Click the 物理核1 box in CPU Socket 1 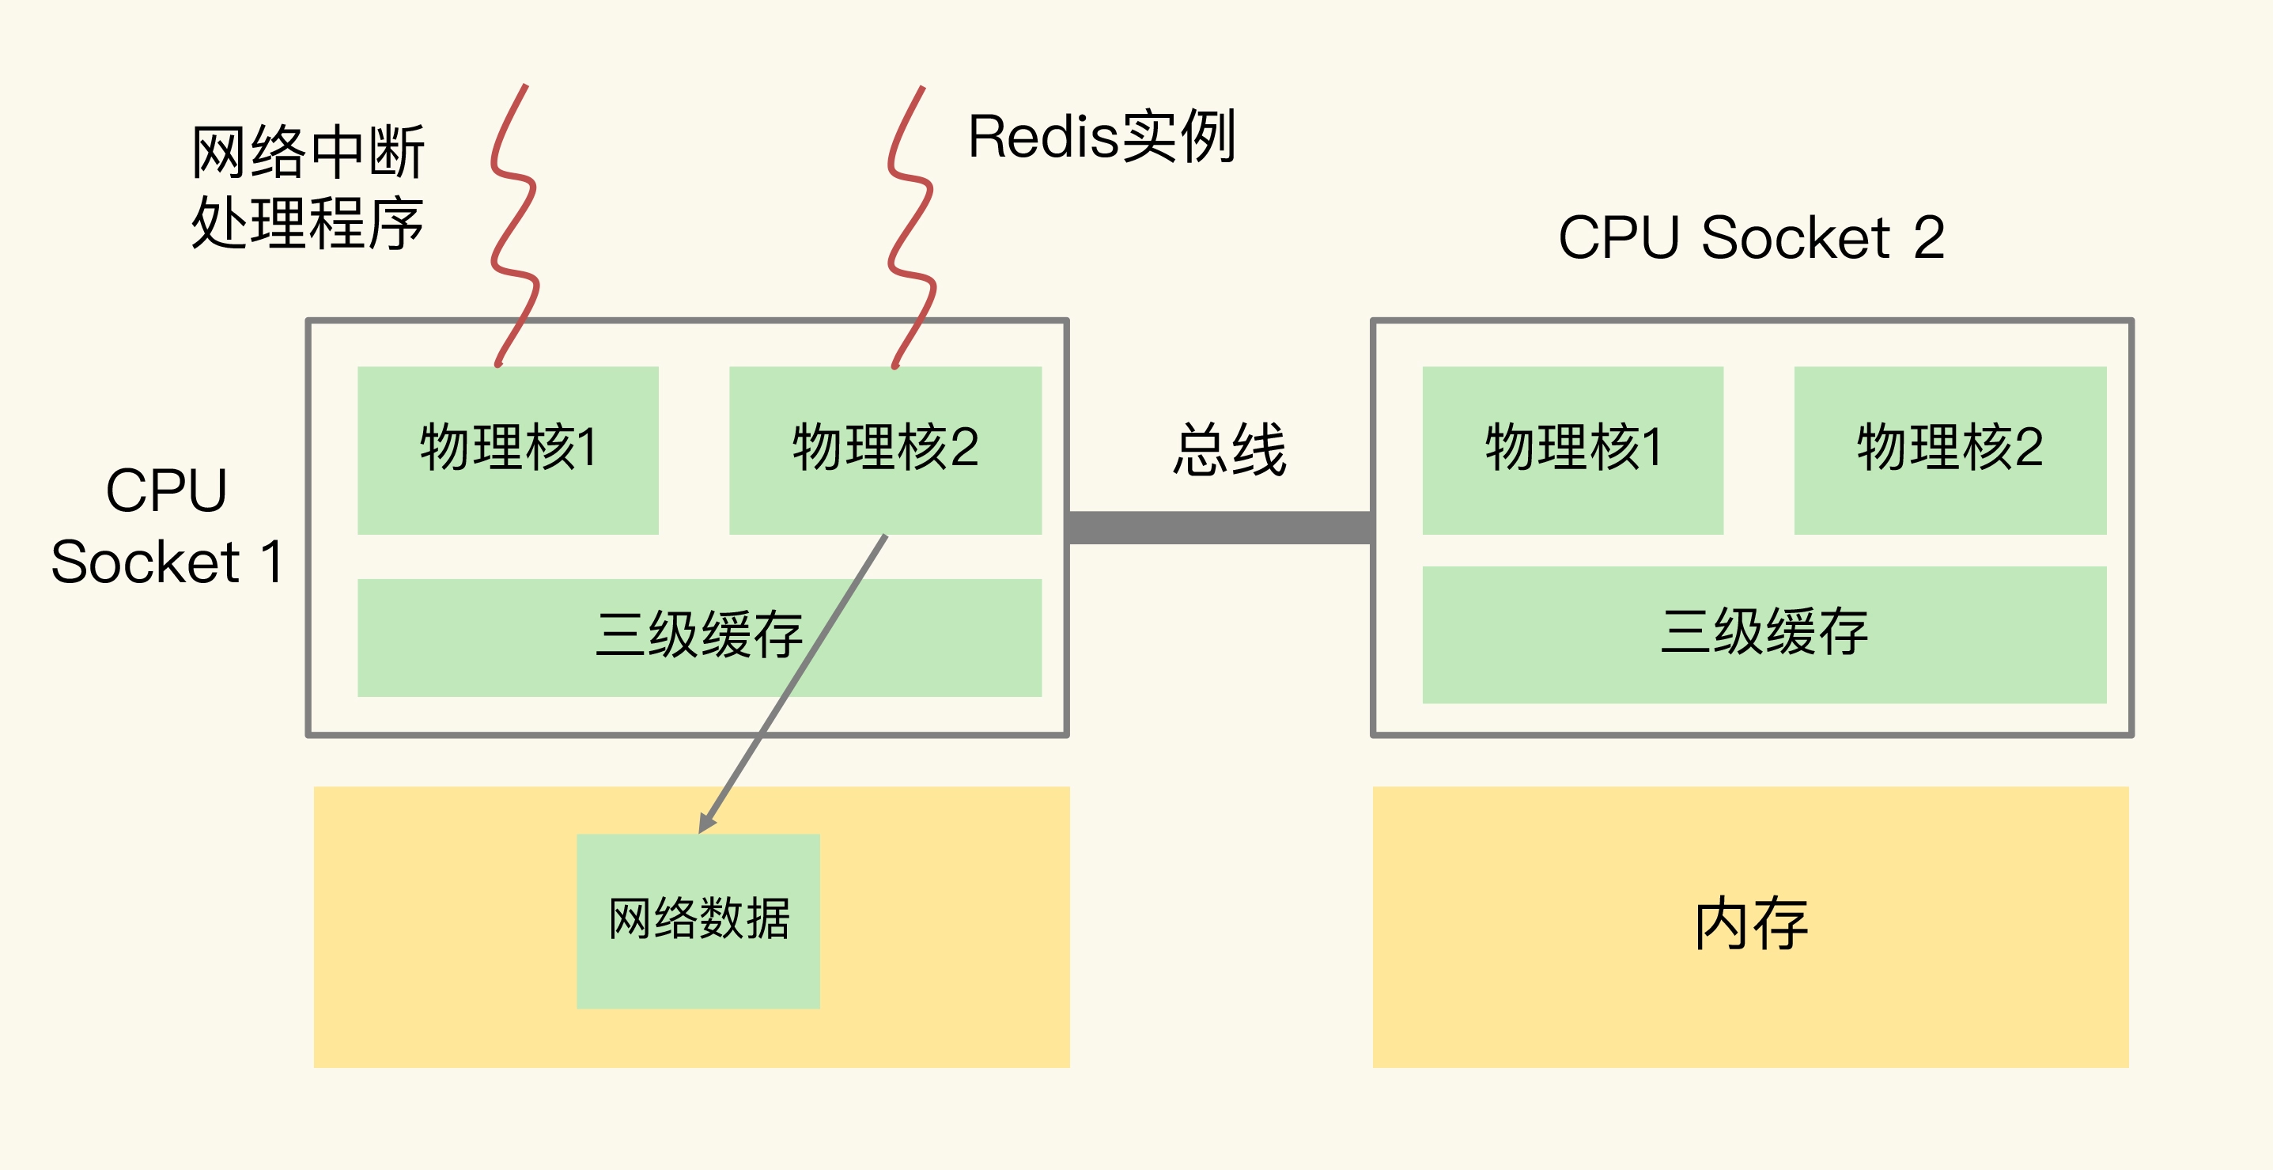(508, 449)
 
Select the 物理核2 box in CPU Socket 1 (885, 449)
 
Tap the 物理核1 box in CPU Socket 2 (1572, 449)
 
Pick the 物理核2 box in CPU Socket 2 (1950, 449)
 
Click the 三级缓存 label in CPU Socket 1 (698, 634)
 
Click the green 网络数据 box (698, 920)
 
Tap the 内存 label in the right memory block (1751, 925)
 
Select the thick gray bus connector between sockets (1220, 528)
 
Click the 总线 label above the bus (1229, 450)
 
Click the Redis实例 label (1101, 137)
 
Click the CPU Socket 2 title (1751, 237)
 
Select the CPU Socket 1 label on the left (166, 526)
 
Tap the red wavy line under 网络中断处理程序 (512, 225)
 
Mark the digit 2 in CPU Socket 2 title (1929, 237)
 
